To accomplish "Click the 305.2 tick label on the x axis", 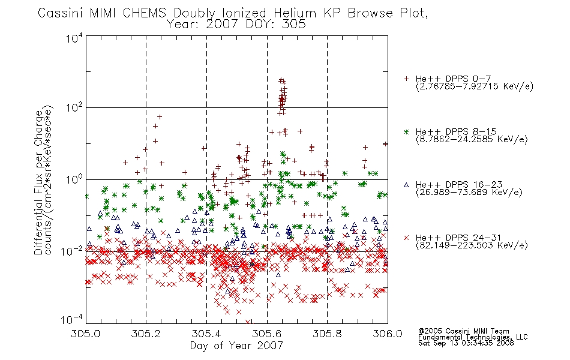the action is [146, 334].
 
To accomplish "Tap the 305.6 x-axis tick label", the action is [267, 334].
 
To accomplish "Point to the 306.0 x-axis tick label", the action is [388, 334].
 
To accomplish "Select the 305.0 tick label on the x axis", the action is [86, 334].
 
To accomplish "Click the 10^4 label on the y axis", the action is [74, 38].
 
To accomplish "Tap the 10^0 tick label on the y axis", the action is [74, 179].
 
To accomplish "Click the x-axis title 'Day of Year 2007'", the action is [236, 346].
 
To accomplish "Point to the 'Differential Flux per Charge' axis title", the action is [38, 182].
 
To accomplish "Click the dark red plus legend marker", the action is [406, 79].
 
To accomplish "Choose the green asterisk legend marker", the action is [406, 131].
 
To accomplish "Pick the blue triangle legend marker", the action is [406, 185].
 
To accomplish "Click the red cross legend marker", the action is [406, 238].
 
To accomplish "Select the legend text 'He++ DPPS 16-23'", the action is [459, 185].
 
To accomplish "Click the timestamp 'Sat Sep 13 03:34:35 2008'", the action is [466, 343].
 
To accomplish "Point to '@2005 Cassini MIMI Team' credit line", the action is [463, 331].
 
